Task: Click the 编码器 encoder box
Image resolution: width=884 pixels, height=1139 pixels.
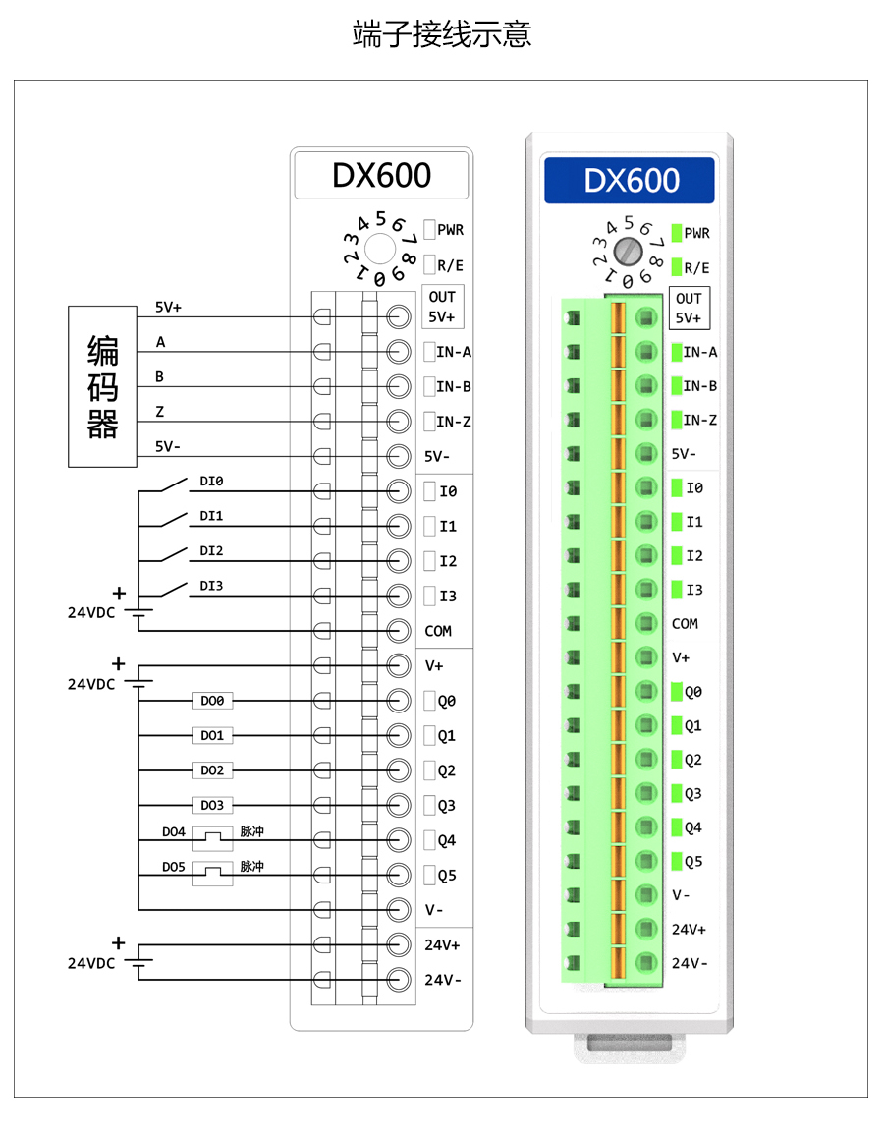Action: [102, 386]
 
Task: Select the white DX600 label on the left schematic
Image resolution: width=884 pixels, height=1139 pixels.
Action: [381, 175]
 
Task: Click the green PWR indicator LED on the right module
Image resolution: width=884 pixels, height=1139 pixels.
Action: [677, 233]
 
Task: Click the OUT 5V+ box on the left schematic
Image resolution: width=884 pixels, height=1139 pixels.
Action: [442, 307]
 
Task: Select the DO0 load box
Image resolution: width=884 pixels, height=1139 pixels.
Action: [212, 701]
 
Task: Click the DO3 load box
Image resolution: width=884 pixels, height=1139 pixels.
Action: [212, 805]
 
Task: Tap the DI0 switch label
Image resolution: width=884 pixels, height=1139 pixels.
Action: [211, 482]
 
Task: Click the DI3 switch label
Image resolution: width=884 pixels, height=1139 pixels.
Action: [211, 586]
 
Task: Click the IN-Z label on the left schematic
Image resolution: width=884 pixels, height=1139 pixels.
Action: [454, 422]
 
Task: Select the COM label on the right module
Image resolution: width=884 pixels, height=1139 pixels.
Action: [686, 623]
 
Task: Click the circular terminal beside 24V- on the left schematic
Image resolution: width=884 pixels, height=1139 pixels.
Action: [399, 980]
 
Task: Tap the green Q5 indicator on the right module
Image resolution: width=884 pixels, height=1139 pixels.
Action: [677, 861]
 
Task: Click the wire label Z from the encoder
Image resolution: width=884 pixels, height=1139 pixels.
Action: [159, 412]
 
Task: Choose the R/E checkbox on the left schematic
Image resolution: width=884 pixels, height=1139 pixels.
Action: [429, 264]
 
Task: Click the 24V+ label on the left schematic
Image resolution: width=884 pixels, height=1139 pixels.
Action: [442, 945]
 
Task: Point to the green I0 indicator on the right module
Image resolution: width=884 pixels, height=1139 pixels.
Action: [677, 487]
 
